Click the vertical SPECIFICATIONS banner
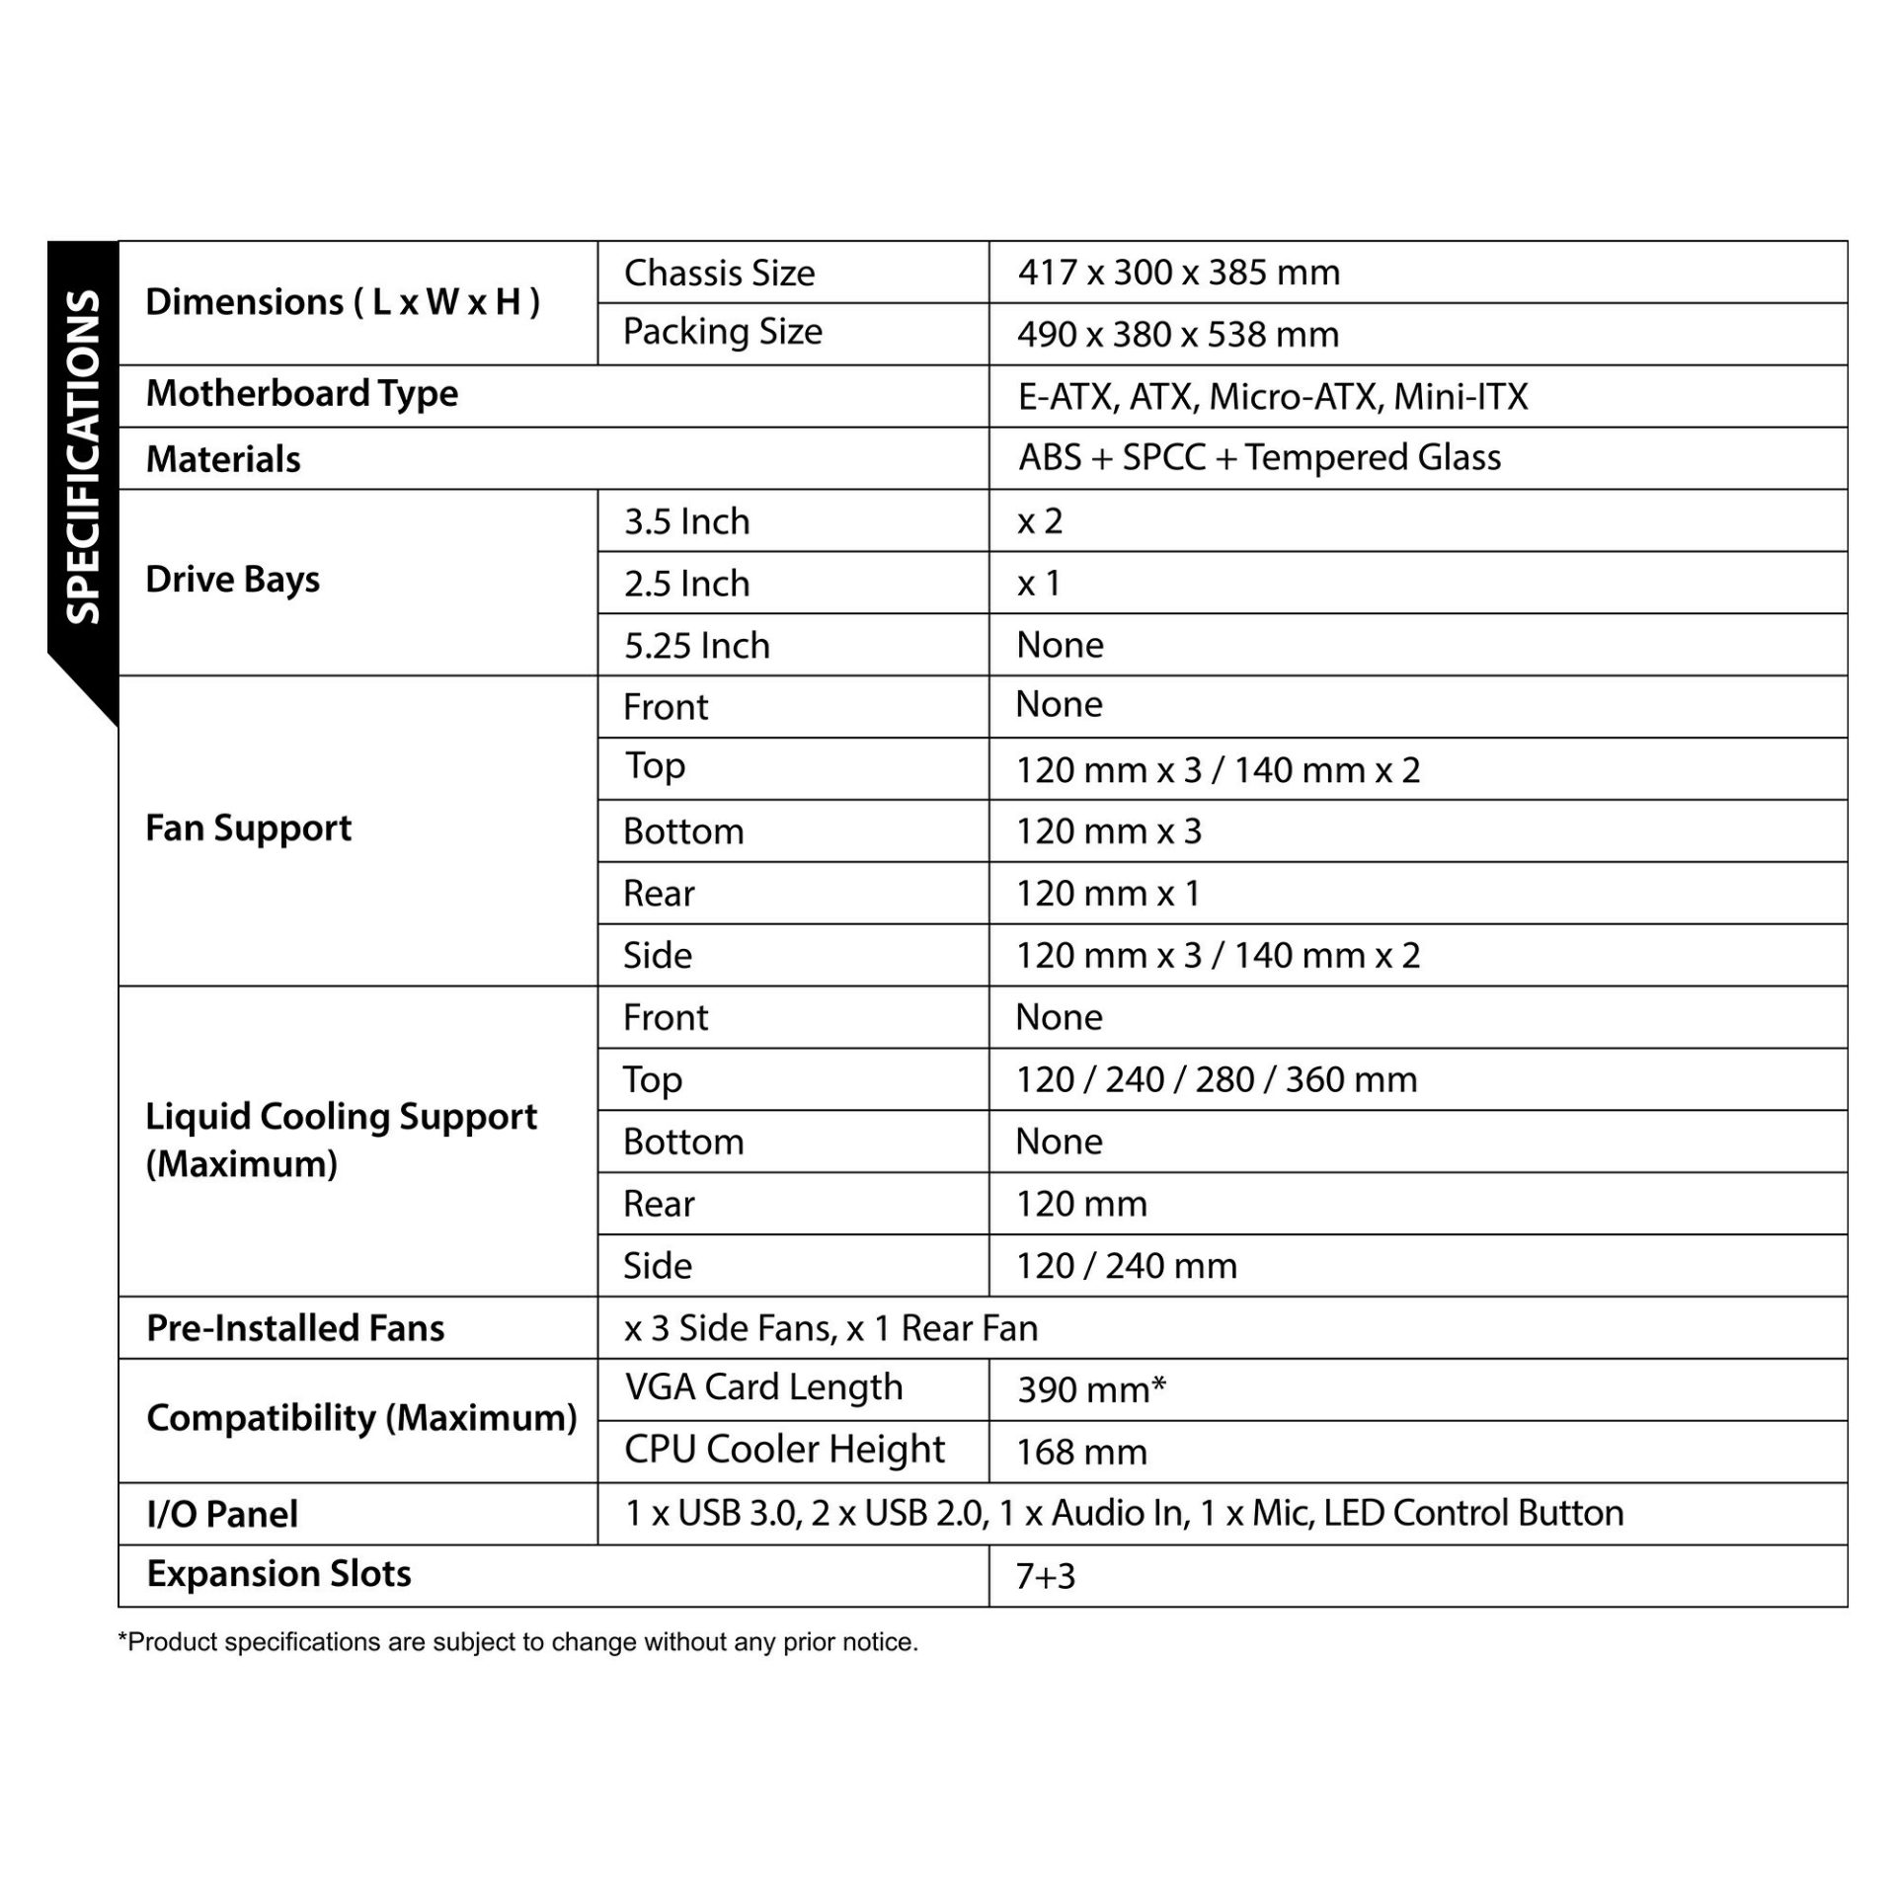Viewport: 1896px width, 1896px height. click(83, 456)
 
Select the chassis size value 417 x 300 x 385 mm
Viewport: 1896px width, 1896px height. click(1178, 273)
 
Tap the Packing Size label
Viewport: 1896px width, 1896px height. click(722, 332)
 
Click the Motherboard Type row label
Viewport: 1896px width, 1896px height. click(301, 394)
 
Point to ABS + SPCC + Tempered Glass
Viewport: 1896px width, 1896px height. click(1259, 457)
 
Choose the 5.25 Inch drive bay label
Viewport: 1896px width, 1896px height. click(696, 645)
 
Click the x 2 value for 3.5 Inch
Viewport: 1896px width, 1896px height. click(1039, 520)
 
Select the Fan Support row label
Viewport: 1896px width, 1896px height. click(248, 829)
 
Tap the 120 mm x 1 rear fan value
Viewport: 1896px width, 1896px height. click(1107, 893)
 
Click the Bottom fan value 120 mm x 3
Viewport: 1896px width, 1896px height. click(1108, 830)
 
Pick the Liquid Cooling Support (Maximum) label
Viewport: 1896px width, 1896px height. click(341, 1140)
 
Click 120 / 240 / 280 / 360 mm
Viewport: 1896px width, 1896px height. click(1216, 1079)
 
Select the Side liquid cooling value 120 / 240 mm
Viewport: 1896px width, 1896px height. click(1126, 1265)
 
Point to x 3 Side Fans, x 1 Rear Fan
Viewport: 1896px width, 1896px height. click(830, 1328)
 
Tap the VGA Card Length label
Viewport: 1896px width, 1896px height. click(763, 1387)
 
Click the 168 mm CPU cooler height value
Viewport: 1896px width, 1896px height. click(1081, 1452)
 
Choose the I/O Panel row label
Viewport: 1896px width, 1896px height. click(222, 1514)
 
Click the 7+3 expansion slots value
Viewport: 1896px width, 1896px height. click(1045, 1576)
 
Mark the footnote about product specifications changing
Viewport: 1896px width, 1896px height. click(517, 1642)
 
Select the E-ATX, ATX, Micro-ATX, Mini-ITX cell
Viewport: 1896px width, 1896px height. click(1272, 397)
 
